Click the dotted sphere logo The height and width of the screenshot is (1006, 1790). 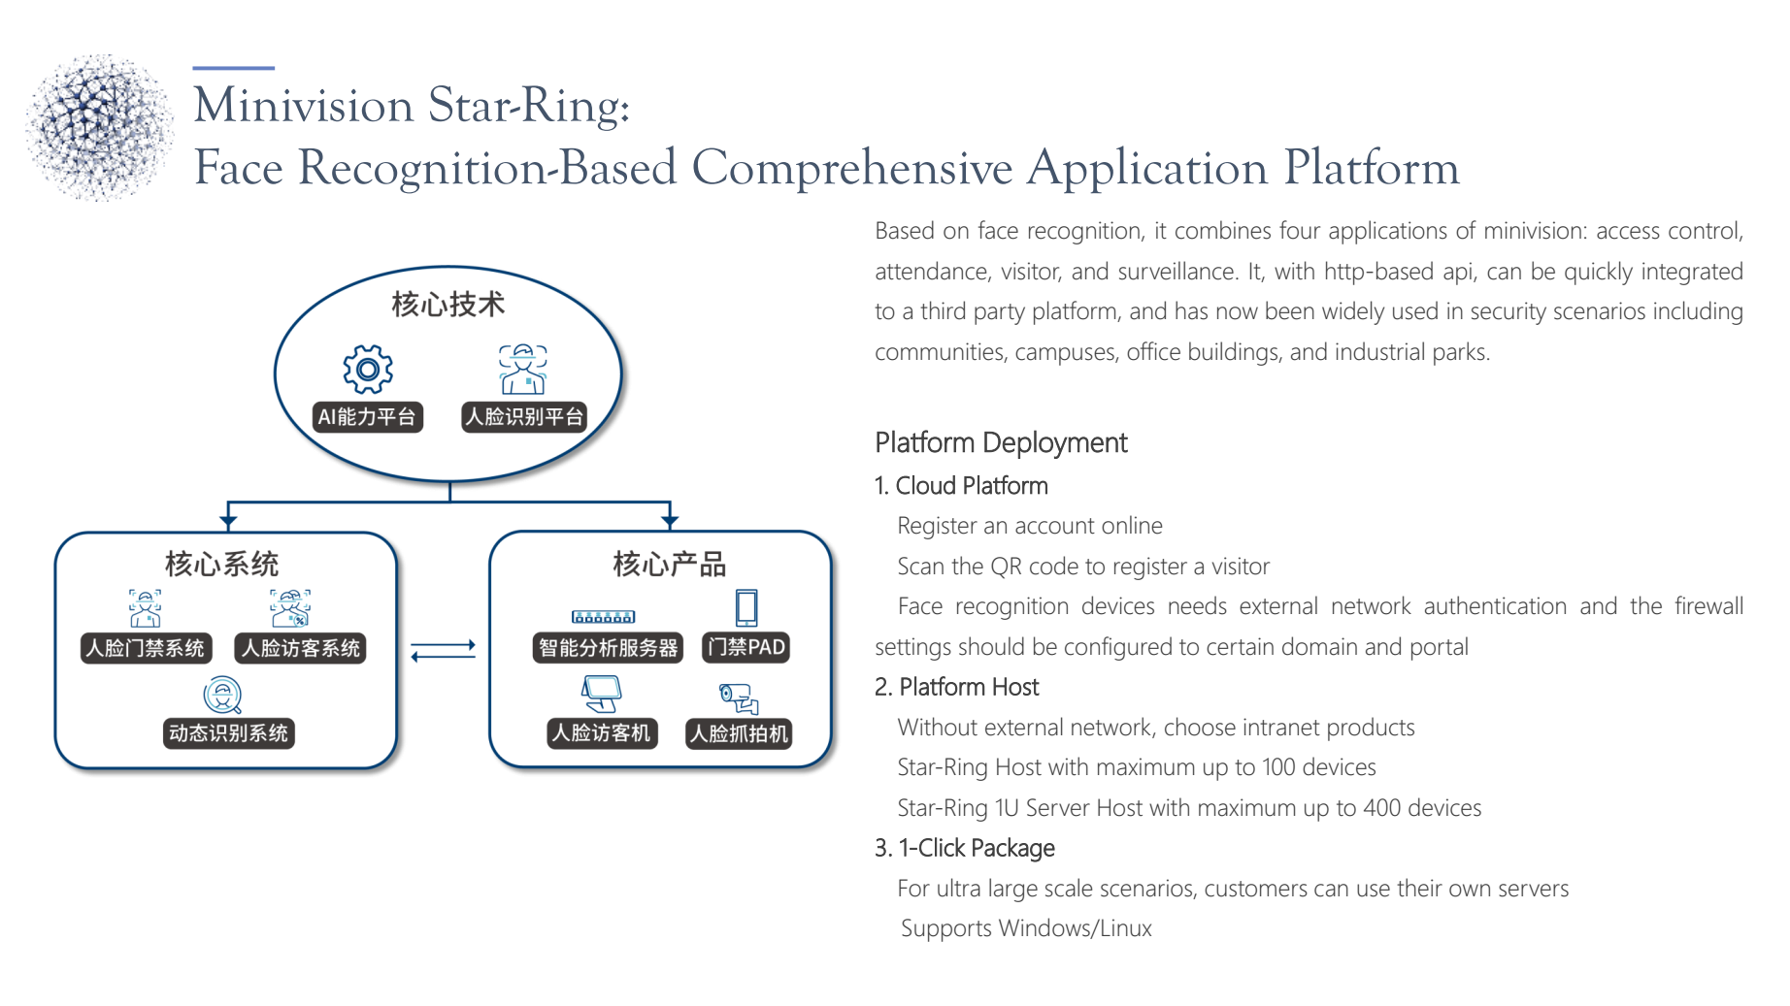99,127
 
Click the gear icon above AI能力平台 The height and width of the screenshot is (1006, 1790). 368,369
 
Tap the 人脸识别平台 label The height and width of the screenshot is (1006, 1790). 524,417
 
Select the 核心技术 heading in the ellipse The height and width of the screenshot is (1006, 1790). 448,305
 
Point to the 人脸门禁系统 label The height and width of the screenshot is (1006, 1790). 146,648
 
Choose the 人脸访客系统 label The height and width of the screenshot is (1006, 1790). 302,648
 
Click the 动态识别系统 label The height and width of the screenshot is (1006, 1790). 228,733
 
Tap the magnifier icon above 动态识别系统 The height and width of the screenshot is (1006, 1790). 222,696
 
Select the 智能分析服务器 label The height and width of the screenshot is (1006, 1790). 609,648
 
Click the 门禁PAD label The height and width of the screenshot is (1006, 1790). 746,647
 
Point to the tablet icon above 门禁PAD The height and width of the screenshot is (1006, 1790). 746,608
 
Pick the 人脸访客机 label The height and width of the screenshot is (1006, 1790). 602,733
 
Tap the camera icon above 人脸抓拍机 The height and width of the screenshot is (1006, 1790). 739,698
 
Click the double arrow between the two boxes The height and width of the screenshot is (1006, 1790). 444,651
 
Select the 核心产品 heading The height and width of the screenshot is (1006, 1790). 670,565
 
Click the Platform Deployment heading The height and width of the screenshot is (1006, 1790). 1001,443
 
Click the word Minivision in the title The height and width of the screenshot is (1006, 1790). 304,105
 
